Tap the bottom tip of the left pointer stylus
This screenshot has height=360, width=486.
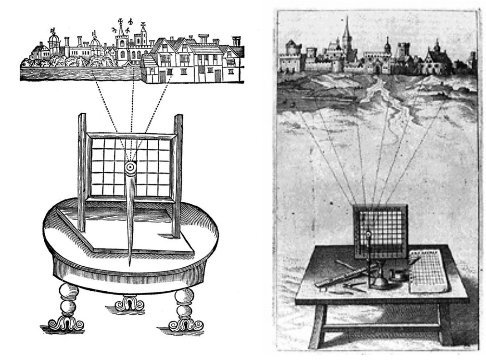pos(130,265)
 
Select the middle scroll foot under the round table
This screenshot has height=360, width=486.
pos(129,306)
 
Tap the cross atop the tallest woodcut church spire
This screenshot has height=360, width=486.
pos(120,21)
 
